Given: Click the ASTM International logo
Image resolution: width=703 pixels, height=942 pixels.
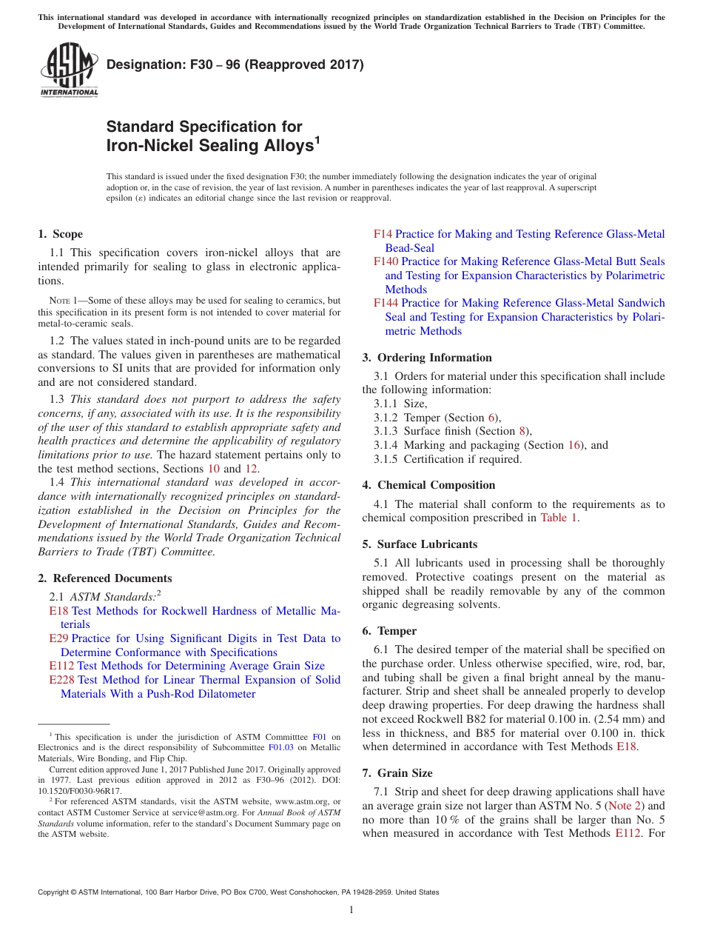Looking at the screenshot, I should (x=69, y=71).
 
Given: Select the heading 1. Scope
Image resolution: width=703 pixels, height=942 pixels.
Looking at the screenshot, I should (x=60, y=234).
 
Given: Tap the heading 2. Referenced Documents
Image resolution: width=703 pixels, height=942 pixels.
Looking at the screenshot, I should (x=104, y=578).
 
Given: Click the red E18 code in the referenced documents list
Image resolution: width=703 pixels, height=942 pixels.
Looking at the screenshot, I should (x=58, y=611).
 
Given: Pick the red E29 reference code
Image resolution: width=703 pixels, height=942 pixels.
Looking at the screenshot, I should (x=58, y=638).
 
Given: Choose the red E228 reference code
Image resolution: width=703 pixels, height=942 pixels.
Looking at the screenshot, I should (x=61, y=680).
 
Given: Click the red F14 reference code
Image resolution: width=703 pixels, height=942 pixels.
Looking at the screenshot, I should (x=383, y=234).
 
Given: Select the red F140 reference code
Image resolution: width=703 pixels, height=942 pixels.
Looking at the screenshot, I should (x=386, y=261).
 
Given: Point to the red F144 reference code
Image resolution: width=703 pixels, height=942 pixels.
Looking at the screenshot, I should (x=386, y=303).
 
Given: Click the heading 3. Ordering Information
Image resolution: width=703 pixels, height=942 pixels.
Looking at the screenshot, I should (x=427, y=358).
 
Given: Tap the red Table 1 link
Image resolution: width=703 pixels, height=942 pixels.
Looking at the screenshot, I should (x=558, y=518).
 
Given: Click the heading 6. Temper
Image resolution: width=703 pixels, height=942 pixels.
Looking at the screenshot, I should (x=389, y=631).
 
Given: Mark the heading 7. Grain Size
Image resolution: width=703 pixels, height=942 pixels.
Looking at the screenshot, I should (x=397, y=773).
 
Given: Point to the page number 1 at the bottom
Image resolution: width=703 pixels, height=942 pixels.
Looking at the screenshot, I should (x=351, y=910).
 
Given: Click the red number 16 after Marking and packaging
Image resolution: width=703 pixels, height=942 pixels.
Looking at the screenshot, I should (x=575, y=445).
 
